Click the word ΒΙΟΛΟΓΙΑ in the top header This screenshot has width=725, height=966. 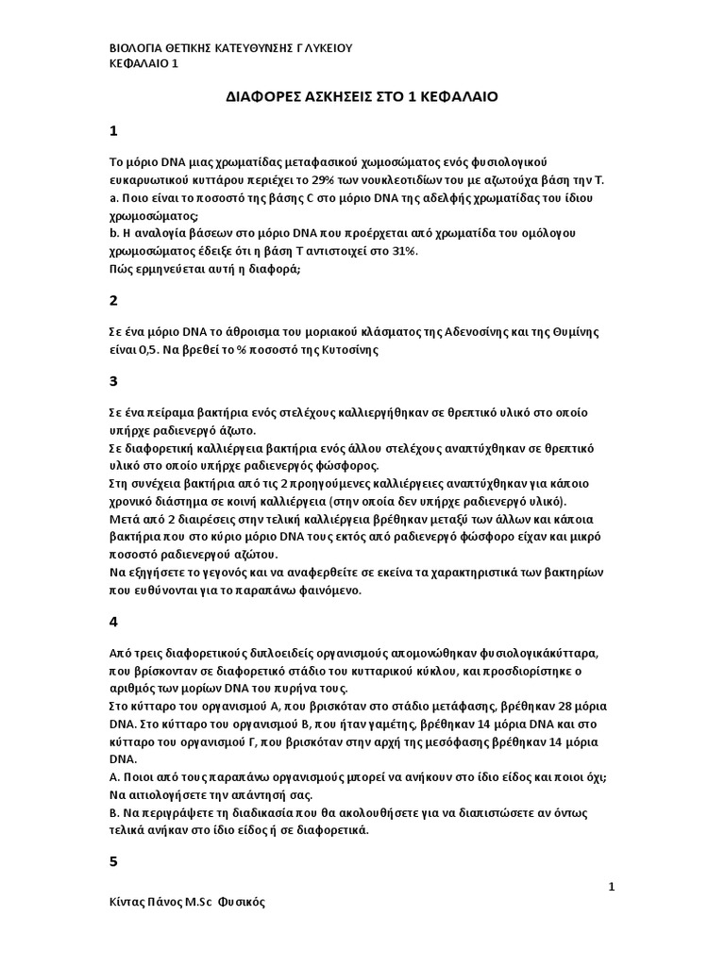pos(137,47)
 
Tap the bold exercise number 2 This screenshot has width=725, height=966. pos(113,301)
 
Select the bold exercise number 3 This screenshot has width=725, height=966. pos(113,382)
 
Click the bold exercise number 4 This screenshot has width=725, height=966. pos(113,622)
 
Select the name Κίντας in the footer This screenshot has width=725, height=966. pos(129,902)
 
